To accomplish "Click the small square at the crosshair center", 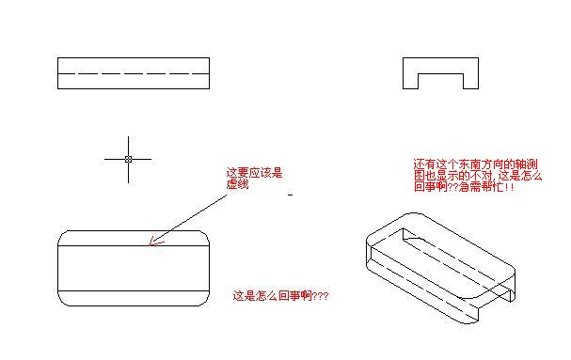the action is [x=128, y=159].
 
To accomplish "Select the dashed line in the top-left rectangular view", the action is [x=134, y=74].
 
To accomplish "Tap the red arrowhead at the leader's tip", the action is [x=156, y=242].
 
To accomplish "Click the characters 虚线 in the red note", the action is [x=237, y=184].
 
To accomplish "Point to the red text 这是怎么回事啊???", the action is [x=280, y=295].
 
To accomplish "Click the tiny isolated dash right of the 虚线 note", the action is [x=290, y=196].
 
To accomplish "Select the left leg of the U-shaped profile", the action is [x=410, y=73].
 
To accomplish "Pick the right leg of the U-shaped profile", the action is [x=471, y=73].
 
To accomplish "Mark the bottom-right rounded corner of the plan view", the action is [x=206, y=302].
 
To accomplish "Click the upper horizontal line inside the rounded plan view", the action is [x=134, y=245].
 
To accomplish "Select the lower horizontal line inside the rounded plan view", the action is [x=134, y=290].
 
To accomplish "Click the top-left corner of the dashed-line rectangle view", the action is [x=58, y=58].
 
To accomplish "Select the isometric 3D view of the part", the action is [x=440, y=268].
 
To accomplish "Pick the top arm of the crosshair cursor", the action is [x=128, y=147].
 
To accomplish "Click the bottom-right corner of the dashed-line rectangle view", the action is [x=210, y=88].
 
